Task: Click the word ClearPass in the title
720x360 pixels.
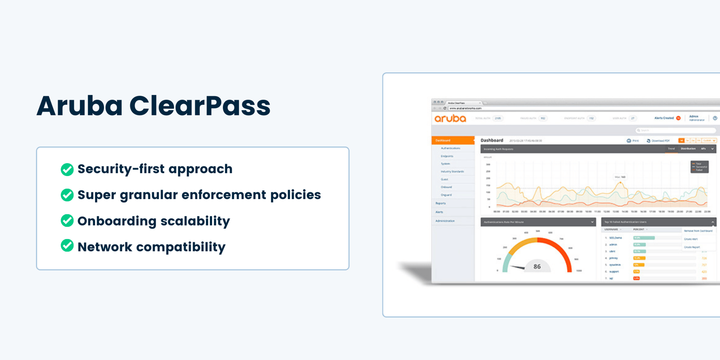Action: [x=200, y=106]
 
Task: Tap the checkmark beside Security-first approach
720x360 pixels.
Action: [x=67, y=169]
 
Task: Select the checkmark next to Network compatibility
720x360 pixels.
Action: [x=67, y=246]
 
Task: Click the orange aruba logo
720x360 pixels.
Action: [x=450, y=118]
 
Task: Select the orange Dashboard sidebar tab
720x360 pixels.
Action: [x=452, y=141]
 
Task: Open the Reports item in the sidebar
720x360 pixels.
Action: [x=441, y=203]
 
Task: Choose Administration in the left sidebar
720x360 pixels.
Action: [x=445, y=221]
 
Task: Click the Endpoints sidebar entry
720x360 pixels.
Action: [x=447, y=156]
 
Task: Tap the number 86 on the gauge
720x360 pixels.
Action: [x=537, y=267]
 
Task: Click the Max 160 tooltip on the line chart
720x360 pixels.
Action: [x=620, y=177]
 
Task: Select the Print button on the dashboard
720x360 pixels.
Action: [x=633, y=141]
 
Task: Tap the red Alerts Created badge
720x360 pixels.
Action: [x=678, y=118]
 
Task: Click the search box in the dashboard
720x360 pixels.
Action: [x=674, y=130]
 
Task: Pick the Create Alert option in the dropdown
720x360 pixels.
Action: [x=691, y=239]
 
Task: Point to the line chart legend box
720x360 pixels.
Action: [x=699, y=167]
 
